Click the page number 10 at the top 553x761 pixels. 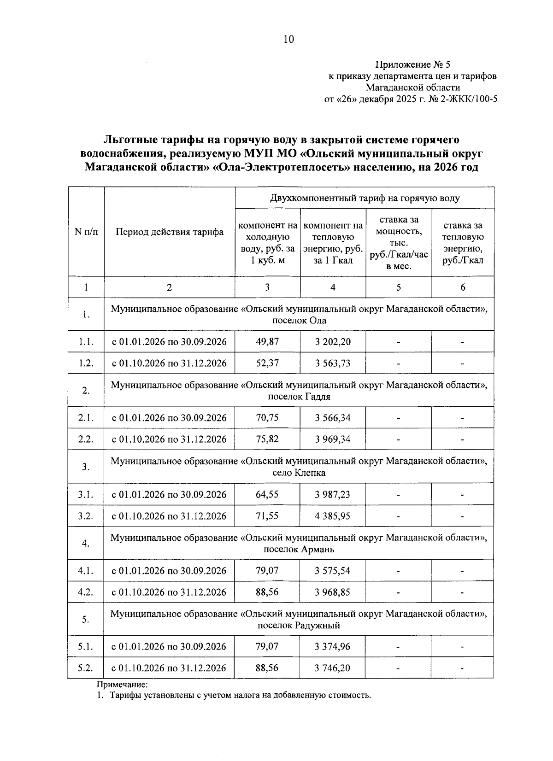pos(288,39)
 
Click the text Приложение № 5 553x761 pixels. pos(413,64)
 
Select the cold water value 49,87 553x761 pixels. pos(267,342)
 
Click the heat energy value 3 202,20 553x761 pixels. pos(333,342)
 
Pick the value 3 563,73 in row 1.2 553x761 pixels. pos(333,363)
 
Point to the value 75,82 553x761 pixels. pos(267,439)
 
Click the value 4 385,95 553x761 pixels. pos(333,516)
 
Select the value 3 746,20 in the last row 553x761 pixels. pos(333,668)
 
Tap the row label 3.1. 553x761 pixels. pos(86,495)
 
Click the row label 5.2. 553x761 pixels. pos(86,668)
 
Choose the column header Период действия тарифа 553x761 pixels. pos(169,232)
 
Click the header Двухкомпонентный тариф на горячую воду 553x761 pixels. pos(365,198)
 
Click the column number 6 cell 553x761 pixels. pos(463,287)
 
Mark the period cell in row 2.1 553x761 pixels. pos(169,418)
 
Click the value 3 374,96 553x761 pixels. pos(333,647)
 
